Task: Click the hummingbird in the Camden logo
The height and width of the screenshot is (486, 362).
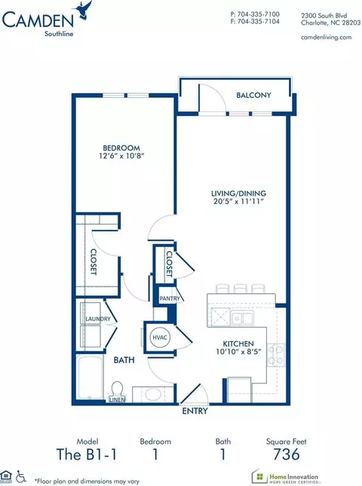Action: tap(82, 11)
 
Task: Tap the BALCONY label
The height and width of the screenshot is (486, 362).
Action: tap(253, 95)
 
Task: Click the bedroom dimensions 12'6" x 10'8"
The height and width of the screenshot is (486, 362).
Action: tap(121, 155)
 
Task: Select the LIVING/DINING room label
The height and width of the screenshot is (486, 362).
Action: tap(238, 194)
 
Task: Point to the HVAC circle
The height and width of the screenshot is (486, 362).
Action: tap(160, 338)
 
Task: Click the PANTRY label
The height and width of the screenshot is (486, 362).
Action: tap(170, 298)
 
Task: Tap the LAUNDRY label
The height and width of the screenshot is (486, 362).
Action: tap(98, 319)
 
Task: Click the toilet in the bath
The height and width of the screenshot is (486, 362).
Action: tap(117, 390)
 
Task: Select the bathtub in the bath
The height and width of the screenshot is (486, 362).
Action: tap(90, 377)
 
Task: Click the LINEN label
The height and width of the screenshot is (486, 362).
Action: tap(118, 400)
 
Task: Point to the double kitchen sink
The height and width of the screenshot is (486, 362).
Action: tap(242, 318)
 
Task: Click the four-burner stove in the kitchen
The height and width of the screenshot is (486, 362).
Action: tap(276, 355)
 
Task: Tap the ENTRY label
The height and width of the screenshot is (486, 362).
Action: tap(195, 411)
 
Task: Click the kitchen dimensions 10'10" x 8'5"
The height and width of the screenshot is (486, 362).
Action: tap(238, 351)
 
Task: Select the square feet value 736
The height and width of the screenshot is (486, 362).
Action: tap(287, 454)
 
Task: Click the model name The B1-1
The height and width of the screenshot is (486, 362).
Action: tap(87, 454)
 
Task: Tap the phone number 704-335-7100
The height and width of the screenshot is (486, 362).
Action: tap(259, 14)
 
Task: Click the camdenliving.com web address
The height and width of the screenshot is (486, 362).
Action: tap(327, 37)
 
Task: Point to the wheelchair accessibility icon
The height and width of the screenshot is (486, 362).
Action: tap(21, 477)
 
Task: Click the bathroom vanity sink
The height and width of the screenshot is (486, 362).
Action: tap(153, 394)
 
